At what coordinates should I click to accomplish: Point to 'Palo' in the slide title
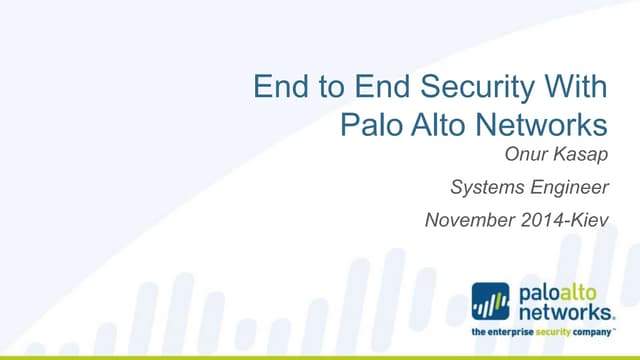point(370,126)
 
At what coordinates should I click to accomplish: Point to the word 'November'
point(462,217)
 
